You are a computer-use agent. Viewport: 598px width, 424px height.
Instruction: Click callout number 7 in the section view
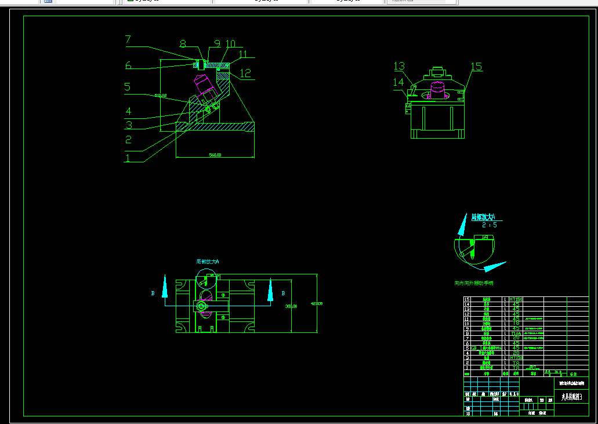point(128,40)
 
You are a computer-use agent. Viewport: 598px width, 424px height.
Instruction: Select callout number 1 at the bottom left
point(128,157)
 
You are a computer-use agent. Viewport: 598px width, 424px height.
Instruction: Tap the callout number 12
point(246,73)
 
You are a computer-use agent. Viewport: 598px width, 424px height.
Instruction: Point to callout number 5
point(128,87)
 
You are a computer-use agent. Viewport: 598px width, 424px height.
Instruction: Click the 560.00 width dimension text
point(215,155)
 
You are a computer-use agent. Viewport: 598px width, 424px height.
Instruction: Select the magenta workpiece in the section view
point(205,84)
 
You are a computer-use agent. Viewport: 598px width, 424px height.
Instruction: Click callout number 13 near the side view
point(399,66)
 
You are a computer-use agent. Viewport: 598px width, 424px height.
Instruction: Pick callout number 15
point(476,67)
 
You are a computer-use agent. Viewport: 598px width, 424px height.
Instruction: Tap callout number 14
point(398,82)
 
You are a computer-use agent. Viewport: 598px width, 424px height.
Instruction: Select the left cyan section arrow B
point(165,287)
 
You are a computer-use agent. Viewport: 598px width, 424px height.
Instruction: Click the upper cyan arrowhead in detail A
point(463,224)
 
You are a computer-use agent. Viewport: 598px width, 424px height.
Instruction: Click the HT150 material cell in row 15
point(516,299)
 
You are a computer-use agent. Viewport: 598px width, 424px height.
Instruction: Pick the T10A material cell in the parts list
point(516,334)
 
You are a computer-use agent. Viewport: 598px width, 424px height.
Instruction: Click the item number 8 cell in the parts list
point(466,334)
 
